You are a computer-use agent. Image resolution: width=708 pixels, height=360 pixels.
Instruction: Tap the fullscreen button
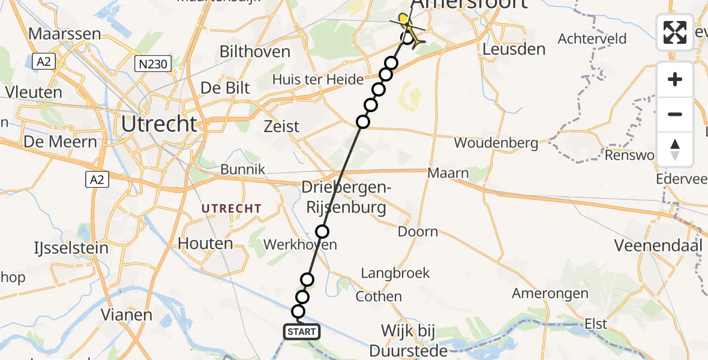pos(675,32)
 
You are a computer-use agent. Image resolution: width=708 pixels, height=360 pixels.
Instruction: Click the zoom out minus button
pos(675,114)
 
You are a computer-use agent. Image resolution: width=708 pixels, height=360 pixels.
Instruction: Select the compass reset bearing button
pos(675,149)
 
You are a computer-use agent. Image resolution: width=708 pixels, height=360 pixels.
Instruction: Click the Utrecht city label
pos(159,124)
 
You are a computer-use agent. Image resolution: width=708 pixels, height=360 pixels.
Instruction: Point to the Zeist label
pos(282,127)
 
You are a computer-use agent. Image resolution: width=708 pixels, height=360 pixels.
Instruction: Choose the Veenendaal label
pos(658,245)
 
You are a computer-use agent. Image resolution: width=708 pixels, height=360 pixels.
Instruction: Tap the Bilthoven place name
pos(255,52)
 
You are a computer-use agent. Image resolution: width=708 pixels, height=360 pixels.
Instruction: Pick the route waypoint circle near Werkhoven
pos(323,232)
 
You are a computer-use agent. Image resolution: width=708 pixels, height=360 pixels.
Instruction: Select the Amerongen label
pos(550,293)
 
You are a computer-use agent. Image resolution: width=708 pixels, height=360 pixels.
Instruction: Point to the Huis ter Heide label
pos(318,79)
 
